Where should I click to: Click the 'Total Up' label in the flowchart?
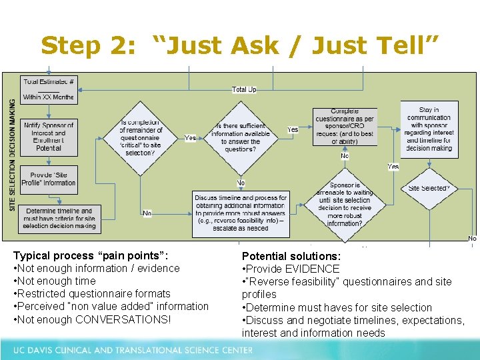[244, 89]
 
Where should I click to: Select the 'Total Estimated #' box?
[49, 89]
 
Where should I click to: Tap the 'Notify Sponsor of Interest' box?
[49, 136]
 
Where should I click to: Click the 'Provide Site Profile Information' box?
[49, 179]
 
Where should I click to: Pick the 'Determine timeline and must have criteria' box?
[59, 219]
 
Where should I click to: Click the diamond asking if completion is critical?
[141, 138]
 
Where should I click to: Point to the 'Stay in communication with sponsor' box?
[429, 130]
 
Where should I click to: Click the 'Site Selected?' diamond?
[429, 189]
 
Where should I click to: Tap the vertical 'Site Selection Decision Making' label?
[12, 155]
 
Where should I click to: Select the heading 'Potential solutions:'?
[291, 256]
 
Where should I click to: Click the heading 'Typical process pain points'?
[91, 255]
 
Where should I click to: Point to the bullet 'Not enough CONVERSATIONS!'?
[94, 319]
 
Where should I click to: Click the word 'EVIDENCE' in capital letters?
[311, 269]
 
